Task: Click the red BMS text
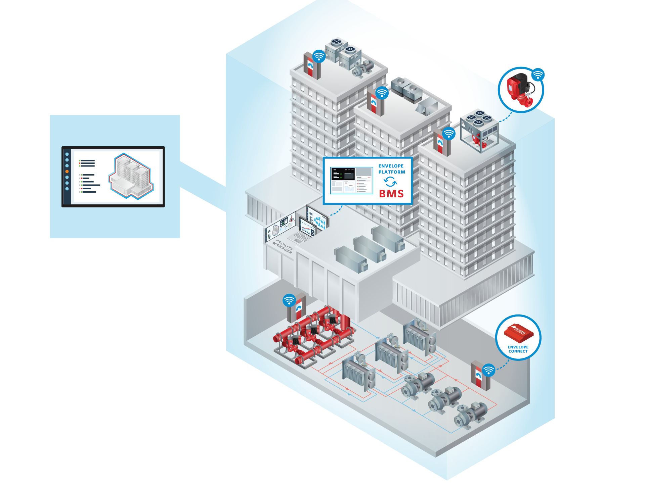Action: pos(391,194)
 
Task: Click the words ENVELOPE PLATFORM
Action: pos(392,169)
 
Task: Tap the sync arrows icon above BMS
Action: pos(390,182)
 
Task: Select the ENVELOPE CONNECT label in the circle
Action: pos(518,349)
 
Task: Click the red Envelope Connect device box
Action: pos(518,333)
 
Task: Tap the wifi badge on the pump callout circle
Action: pos(538,75)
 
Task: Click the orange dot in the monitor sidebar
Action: pos(67,172)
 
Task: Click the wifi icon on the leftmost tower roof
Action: pos(319,56)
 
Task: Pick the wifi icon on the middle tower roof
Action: pos(382,93)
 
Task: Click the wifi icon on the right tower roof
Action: pos(448,134)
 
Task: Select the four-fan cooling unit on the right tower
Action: pos(479,129)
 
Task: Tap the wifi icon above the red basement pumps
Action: pos(289,300)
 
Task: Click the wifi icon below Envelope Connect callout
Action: pos(489,370)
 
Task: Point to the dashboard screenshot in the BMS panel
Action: pos(351,181)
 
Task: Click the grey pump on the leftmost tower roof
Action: pos(363,68)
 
